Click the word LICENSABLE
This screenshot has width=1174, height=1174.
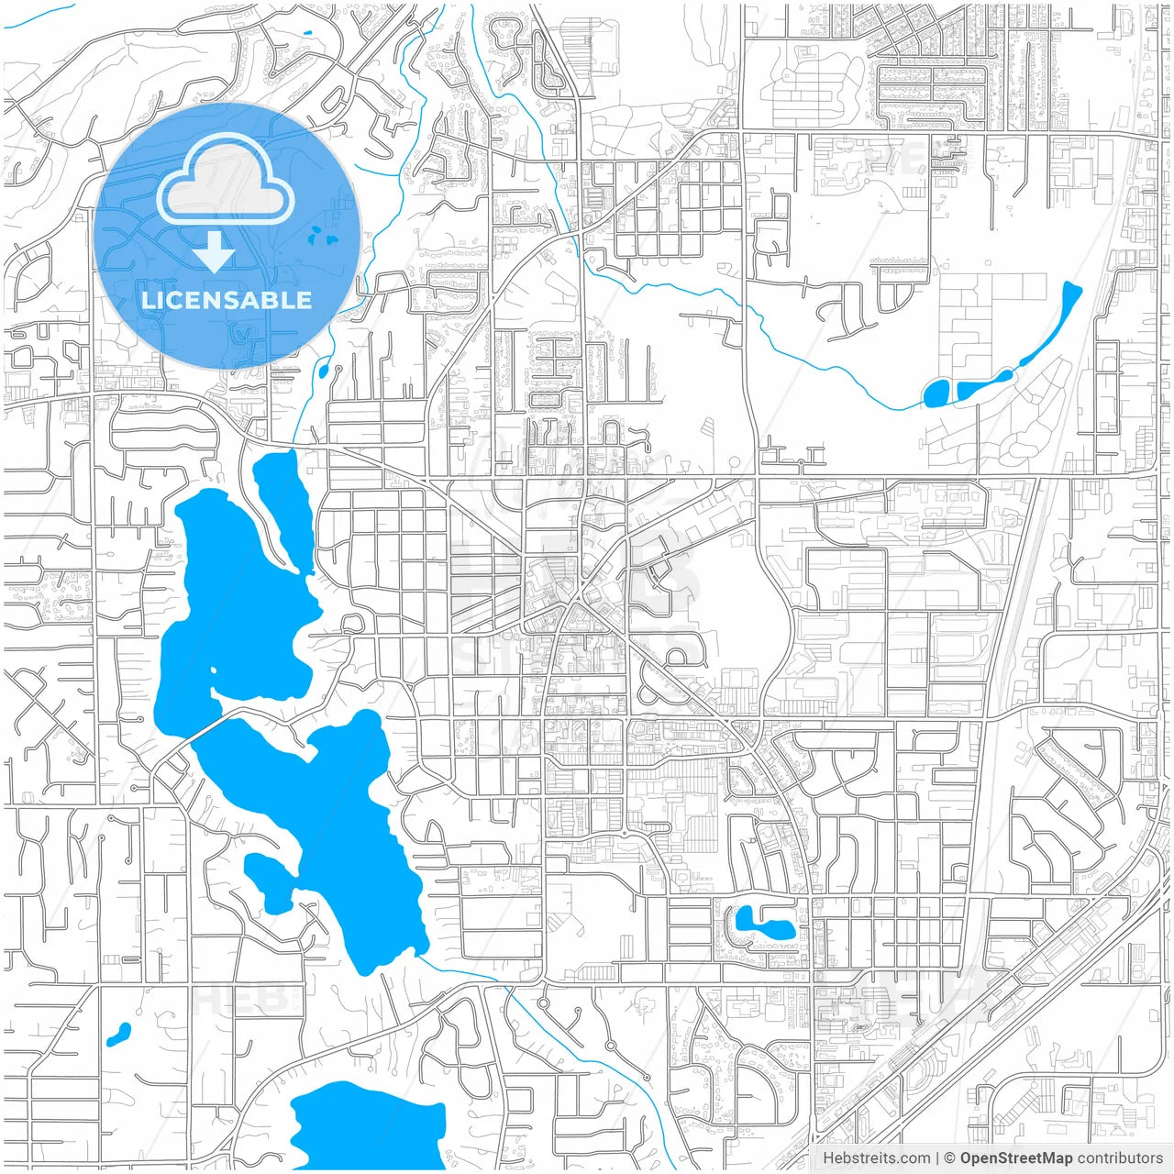point(227,300)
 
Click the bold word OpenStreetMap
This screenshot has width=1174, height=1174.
point(1016,1158)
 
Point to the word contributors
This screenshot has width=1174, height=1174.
point(1120,1158)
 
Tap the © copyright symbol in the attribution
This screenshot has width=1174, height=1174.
point(950,1158)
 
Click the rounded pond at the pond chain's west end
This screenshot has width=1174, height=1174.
point(936,393)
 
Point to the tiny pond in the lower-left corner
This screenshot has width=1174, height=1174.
point(118,1035)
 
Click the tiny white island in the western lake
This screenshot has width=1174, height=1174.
point(214,670)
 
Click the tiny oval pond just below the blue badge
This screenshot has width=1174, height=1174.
point(323,371)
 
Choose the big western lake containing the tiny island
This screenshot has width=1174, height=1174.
point(234,605)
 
